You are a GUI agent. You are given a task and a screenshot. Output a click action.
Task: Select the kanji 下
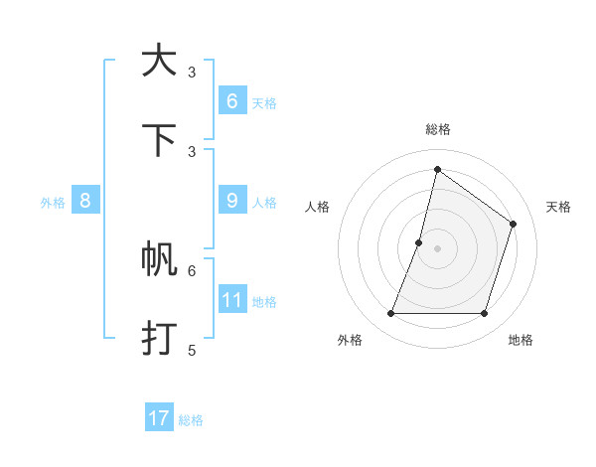click(159, 140)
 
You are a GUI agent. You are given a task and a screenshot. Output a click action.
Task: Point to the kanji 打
click(159, 339)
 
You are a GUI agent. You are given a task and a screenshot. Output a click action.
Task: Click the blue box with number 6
click(231, 101)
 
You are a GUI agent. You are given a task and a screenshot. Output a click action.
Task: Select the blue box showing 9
click(231, 201)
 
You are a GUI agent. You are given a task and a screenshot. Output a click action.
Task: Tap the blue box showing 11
click(231, 300)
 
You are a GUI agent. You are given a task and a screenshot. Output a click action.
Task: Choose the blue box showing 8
click(85, 201)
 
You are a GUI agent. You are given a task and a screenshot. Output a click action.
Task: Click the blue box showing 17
click(159, 418)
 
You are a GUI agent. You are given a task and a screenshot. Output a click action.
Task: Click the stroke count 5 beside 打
click(192, 350)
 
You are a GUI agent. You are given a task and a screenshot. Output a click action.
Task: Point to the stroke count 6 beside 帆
click(192, 269)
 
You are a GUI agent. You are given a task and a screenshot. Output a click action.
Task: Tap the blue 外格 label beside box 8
click(53, 203)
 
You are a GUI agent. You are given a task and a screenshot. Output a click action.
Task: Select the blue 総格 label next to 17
click(191, 420)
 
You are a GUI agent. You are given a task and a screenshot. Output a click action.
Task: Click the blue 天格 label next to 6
click(264, 103)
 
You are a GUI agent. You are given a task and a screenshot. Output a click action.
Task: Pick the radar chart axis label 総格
click(437, 129)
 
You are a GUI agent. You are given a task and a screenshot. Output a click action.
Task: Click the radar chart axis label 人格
click(317, 207)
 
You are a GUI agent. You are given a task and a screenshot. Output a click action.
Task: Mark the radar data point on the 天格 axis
click(514, 224)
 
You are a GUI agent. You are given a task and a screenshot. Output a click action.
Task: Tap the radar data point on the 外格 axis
click(390, 314)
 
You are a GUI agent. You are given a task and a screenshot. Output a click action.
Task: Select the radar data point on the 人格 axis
click(419, 242)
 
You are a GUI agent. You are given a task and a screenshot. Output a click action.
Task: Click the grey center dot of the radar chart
click(437, 248)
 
